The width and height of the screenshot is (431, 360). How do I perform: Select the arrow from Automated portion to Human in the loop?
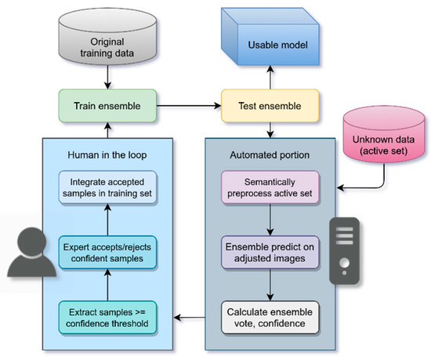pyautogui.click(x=190, y=317)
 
